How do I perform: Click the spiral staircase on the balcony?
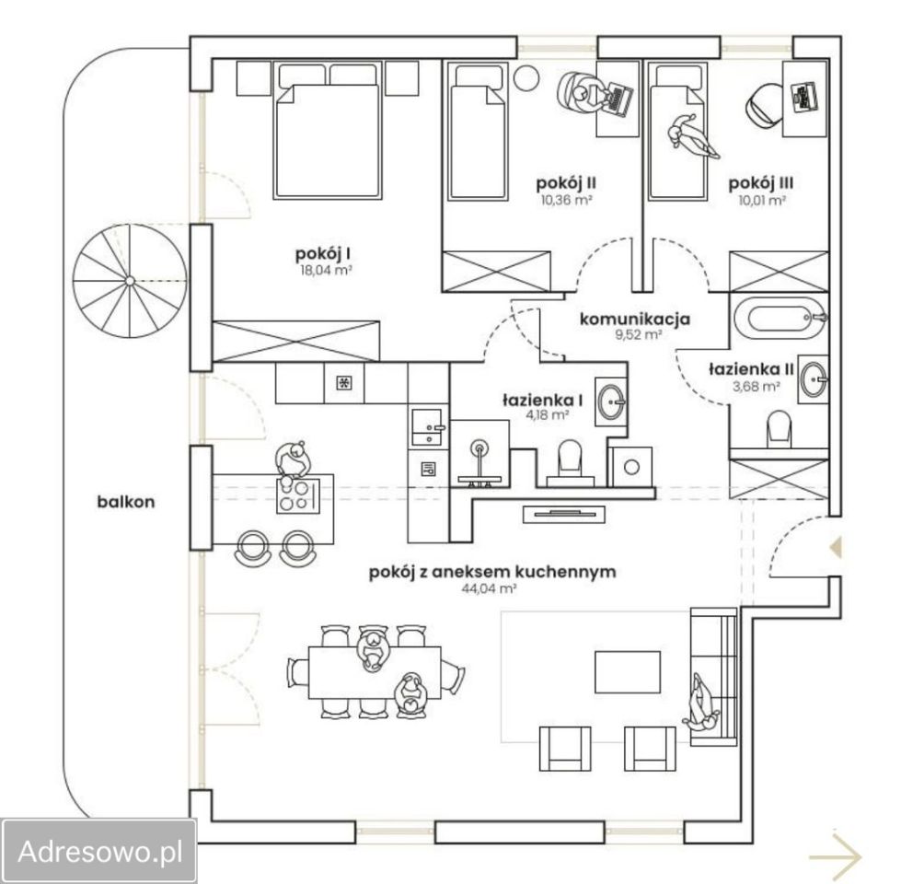pyautogui.click(x=130, y=281)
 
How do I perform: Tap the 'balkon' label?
pyautogui.click(x=126, y=502)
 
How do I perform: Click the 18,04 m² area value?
pyautogui.click(x=324, y=271)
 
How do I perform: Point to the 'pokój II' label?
pyautogui.click(x=566, y=183)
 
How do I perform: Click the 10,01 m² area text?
pyautogui.click(x=762, y=201)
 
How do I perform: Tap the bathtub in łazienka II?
pyautogui.click(x=780, y=318)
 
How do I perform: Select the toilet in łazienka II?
pyautogui.click(x=780, y=427)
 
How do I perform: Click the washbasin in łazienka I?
pyautogui.click(x=611, y=400)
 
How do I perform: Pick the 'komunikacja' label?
pyautogui.click(x=634, y=320)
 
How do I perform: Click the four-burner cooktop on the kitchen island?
pyautogui.click(x=298, y=494)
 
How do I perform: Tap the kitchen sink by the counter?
pyautogui.click(x=427, y=427)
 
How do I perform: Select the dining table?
pyautogui.click(x=375, y=672)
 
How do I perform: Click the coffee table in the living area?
pyautogui.click(x=628, y=672)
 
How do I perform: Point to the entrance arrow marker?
pyautogui.click(x=836, y=547)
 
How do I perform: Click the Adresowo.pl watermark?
pyautogui.click(x=100, y=851)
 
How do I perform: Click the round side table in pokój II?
pyautogui.click(x=526, y=77)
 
